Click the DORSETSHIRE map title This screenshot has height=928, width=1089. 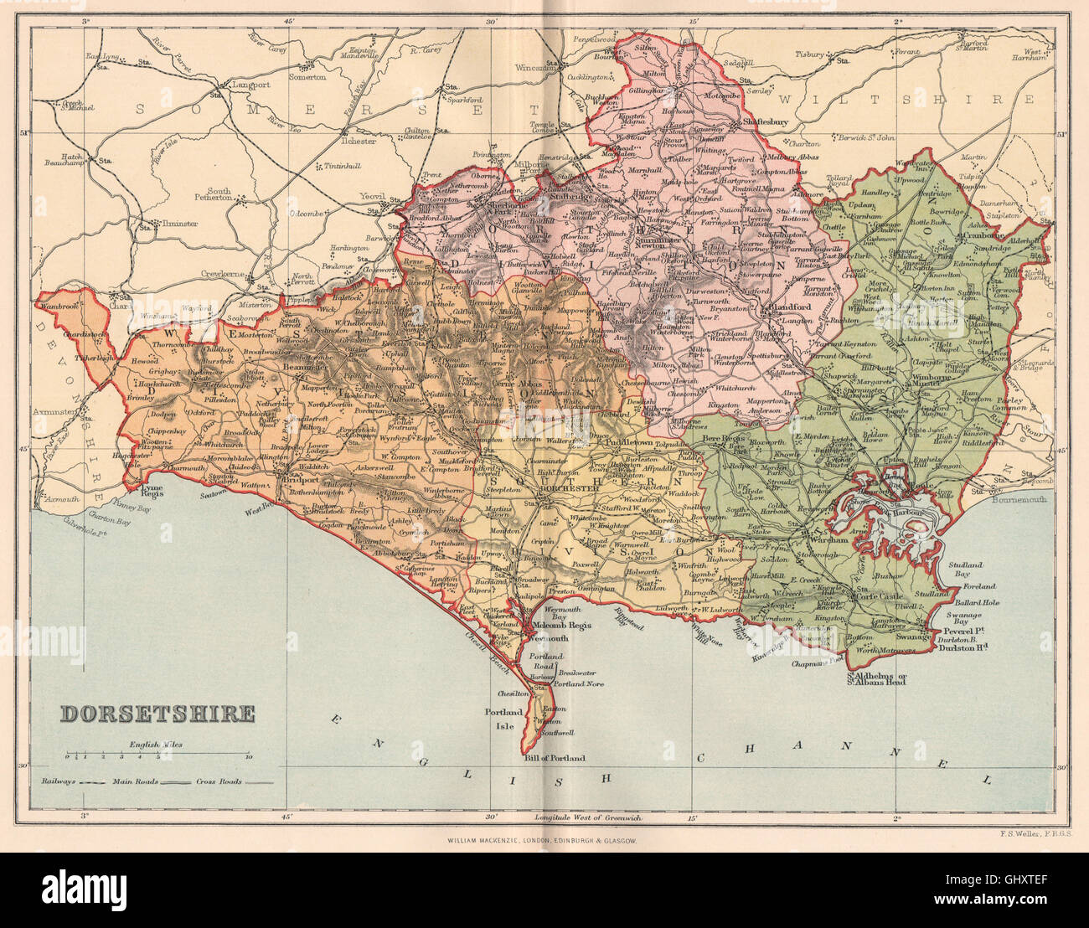[x=157, y=714]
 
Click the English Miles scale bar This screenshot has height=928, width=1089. [x=157, y=755]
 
